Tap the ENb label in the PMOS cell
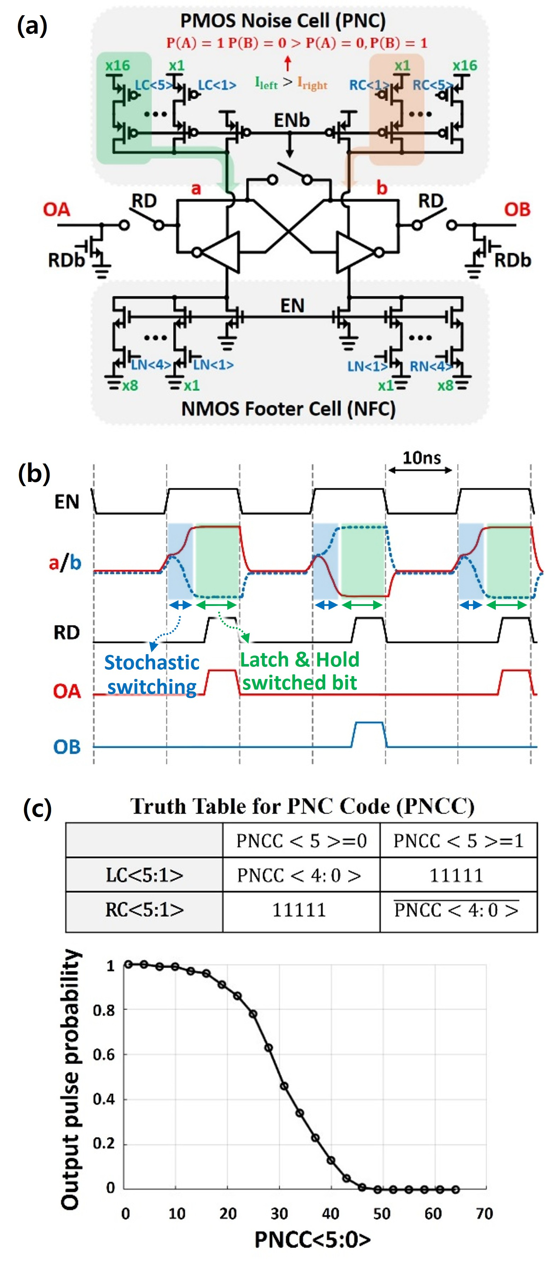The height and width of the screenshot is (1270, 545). click(x=292, y=120)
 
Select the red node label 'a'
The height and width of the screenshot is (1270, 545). click(x=196, y=188)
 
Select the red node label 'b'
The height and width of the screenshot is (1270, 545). click(x=381, y=188)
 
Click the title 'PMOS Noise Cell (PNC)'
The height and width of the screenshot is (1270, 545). click(x=283, y=21)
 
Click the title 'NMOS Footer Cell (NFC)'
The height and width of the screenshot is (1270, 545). click(x=288, y=409)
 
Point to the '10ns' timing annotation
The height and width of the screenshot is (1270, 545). click(x=421, y=458)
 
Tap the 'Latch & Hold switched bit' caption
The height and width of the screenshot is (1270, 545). click(x=300, y=671)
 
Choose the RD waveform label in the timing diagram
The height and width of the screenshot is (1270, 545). click(x=67, y=633)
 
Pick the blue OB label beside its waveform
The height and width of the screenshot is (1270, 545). click(x=67, y=747)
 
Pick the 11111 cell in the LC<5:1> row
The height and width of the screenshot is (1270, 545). click(x=456, y=875)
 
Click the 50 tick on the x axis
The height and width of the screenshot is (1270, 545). click(x=381, y=1213)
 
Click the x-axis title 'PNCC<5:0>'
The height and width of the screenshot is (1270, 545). click(x=312, y=1240)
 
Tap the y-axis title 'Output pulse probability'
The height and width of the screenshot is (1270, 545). click(x=70, y=1079)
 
